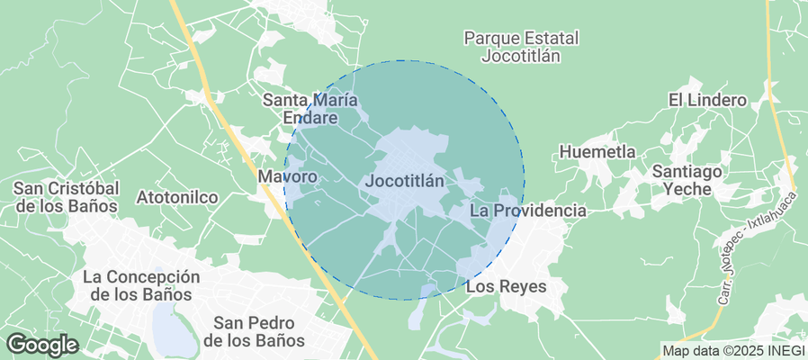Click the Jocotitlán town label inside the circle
point(406,181)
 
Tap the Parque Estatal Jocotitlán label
point(521,47)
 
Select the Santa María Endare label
point(311,108)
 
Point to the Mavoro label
point(288,177)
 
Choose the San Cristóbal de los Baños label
point(67,196)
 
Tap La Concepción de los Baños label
point(140,285)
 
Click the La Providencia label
point(528,211)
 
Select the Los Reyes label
point(505,288)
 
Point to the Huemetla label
point(597,152)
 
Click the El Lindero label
point(707,100)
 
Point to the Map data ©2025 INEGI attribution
point(732,350)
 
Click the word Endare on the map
point(311,118)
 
